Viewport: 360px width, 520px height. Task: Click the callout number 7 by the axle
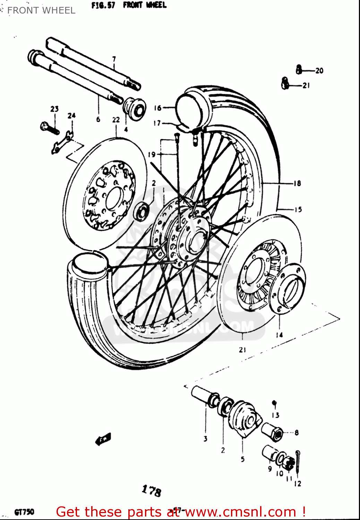tap(114, 59)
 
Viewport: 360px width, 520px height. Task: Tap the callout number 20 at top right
tap(319, 71)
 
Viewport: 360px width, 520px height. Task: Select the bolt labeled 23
tap(48, 128)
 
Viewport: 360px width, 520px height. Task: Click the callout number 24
tap(71, 115)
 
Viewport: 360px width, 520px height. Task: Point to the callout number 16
tap(158, 108)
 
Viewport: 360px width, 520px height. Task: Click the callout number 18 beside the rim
tap(297, 183)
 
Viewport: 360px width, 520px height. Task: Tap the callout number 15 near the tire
tap(298, 209)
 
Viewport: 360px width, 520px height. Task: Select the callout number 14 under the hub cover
tap(280, 335)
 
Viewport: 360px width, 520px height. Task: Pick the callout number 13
tap(275, 415)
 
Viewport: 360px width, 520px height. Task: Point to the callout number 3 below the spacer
tap(205, 439)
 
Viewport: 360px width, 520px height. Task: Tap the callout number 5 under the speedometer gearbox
tap(243, 459)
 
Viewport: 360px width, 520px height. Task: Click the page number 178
tap(152, 491)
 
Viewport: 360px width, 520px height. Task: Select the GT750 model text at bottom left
tap(24, 512)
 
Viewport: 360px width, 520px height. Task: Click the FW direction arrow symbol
tap(103, 439)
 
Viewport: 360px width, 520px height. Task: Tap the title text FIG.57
tap(103, 6)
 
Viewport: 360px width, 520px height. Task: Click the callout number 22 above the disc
tap(116, 120)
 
